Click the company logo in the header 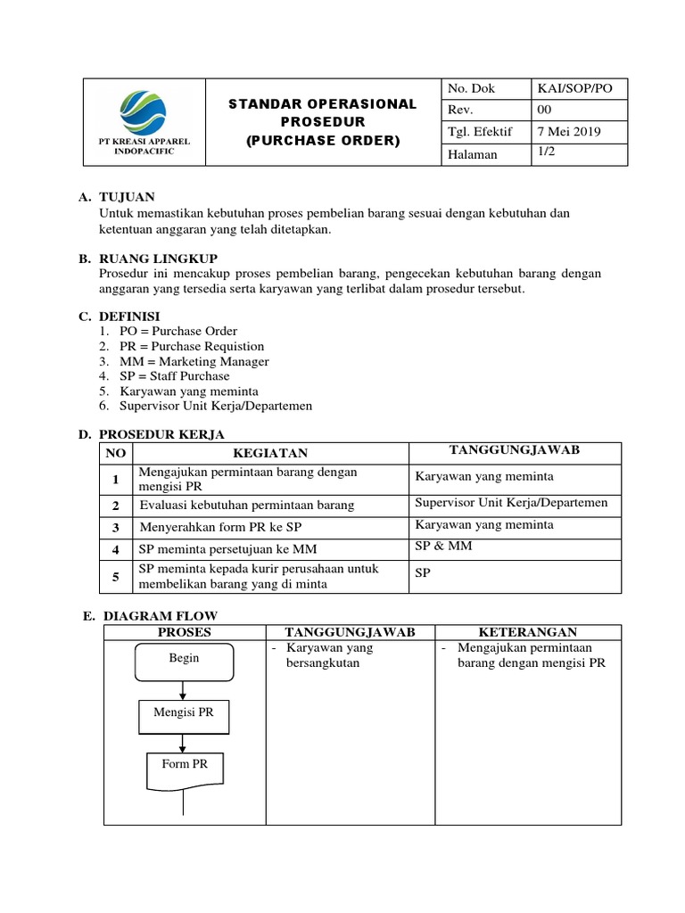pyautogui.click(x=144, y=111)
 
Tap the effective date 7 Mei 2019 pyautogui.click(x=568, y=132)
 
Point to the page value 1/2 pyautogui.click(x=545, y=153)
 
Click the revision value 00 pyautogui.click(x=544, y=110)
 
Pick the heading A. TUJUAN pyautogui.click(x=117, y=196)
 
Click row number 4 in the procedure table pyautogui.click(x=114, y=548)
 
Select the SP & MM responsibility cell pyautogui.click(x=443, y=546)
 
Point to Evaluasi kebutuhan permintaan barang pyautogui.click(x=246, y=505)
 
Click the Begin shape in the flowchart pyautogui.click(x=184, y=659)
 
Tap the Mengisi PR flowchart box pyautogui.click(x=183, y=714)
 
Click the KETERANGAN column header pyautogui.click(x=527, y=631)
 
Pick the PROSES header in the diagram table pyautogui.click(x=184, y=631)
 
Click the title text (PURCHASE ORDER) pyautogui.click(x=323, y=141)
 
